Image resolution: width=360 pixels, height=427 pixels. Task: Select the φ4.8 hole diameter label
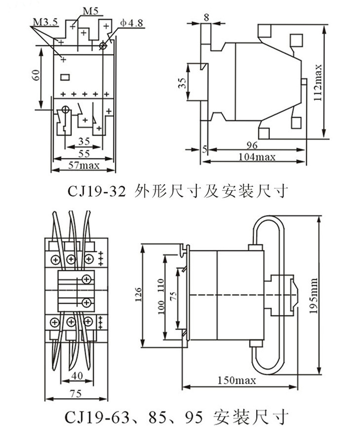pyautogui.click(x=131, y=23)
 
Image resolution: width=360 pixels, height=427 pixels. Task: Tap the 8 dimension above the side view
pyautogui.click(x=206, y=17)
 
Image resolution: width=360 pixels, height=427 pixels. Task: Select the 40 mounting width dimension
pyautogui.click(x=77, y=375)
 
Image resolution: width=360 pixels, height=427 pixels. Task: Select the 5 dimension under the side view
pyautogui.click(x=204, y=149)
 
